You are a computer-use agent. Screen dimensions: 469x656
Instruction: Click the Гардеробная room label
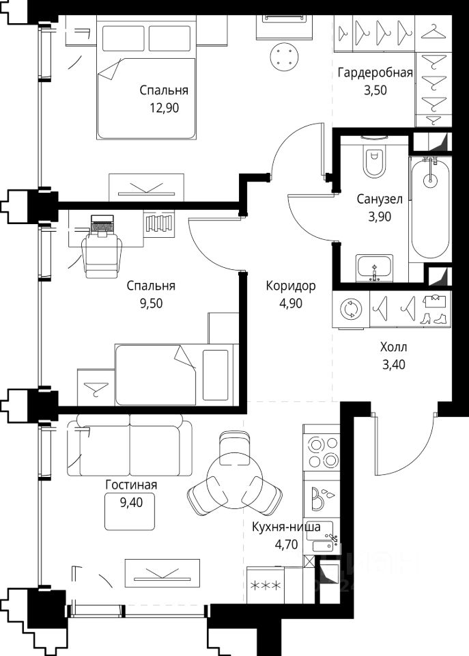click(375, 73)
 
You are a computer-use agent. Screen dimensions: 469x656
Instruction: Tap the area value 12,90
click(165, 108)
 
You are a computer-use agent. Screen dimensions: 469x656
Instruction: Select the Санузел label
click(380, 199)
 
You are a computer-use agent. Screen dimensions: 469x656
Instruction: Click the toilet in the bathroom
click(374, 159)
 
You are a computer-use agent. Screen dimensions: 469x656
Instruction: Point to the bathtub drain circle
click(429, 180)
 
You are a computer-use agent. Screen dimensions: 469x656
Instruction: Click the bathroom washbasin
click(374, 267)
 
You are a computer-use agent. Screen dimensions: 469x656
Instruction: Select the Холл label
click(393, 347)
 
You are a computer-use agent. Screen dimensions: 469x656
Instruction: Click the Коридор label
click(291, 286)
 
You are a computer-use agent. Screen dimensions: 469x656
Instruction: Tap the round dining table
click(236, 480)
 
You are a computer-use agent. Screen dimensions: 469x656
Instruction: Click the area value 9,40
click(131, 502)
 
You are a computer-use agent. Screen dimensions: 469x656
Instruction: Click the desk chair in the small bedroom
click(102, 256)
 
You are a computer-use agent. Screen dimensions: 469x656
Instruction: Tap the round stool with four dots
click(285, 57)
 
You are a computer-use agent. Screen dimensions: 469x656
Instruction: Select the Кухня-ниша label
click(286, 527)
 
